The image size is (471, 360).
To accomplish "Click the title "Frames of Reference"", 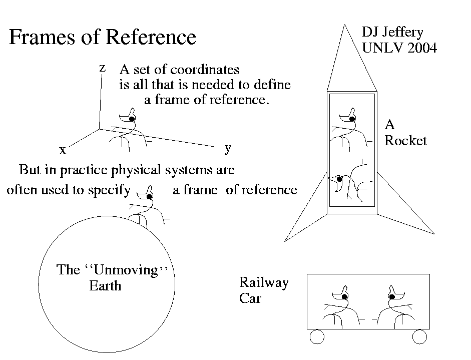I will coord(103,38).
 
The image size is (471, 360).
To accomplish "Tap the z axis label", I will coord(102,68).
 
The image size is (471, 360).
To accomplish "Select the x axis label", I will coord(63,150).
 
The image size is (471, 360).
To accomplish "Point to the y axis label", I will coord(228,148).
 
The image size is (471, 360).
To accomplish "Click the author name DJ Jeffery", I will coord(392,33).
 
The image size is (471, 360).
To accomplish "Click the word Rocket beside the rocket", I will coord(405,141).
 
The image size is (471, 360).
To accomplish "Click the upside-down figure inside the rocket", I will coord(350,180).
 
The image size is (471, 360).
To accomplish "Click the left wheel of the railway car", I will coord(317,337).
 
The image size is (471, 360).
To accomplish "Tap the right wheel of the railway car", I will coord(419,337).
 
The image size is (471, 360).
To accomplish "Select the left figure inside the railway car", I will coord(340,308).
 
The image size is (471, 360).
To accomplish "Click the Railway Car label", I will coord(263,291).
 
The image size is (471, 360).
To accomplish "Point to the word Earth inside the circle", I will coord(105,286).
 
